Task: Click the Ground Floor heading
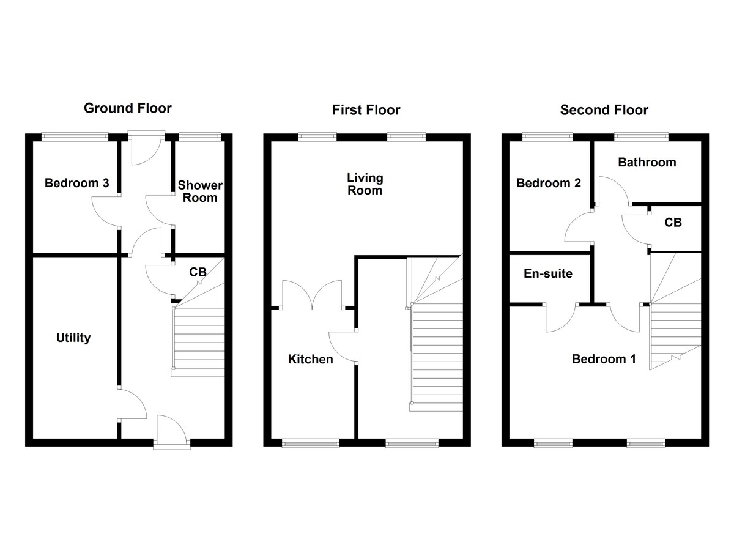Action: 127,108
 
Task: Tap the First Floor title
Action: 366,110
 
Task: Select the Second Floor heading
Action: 604,110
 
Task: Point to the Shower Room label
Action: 200,191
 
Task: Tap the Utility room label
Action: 73,338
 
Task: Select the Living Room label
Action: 365,184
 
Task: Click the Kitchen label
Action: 311,359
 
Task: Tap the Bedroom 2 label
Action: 549,183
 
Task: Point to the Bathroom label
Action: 647,162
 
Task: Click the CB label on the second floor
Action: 673,223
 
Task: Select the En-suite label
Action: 547,273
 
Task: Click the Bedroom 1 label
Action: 604,359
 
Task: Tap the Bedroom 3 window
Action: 74,136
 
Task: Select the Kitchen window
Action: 310,442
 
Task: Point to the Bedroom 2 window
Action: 548,136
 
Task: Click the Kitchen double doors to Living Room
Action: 311,295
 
